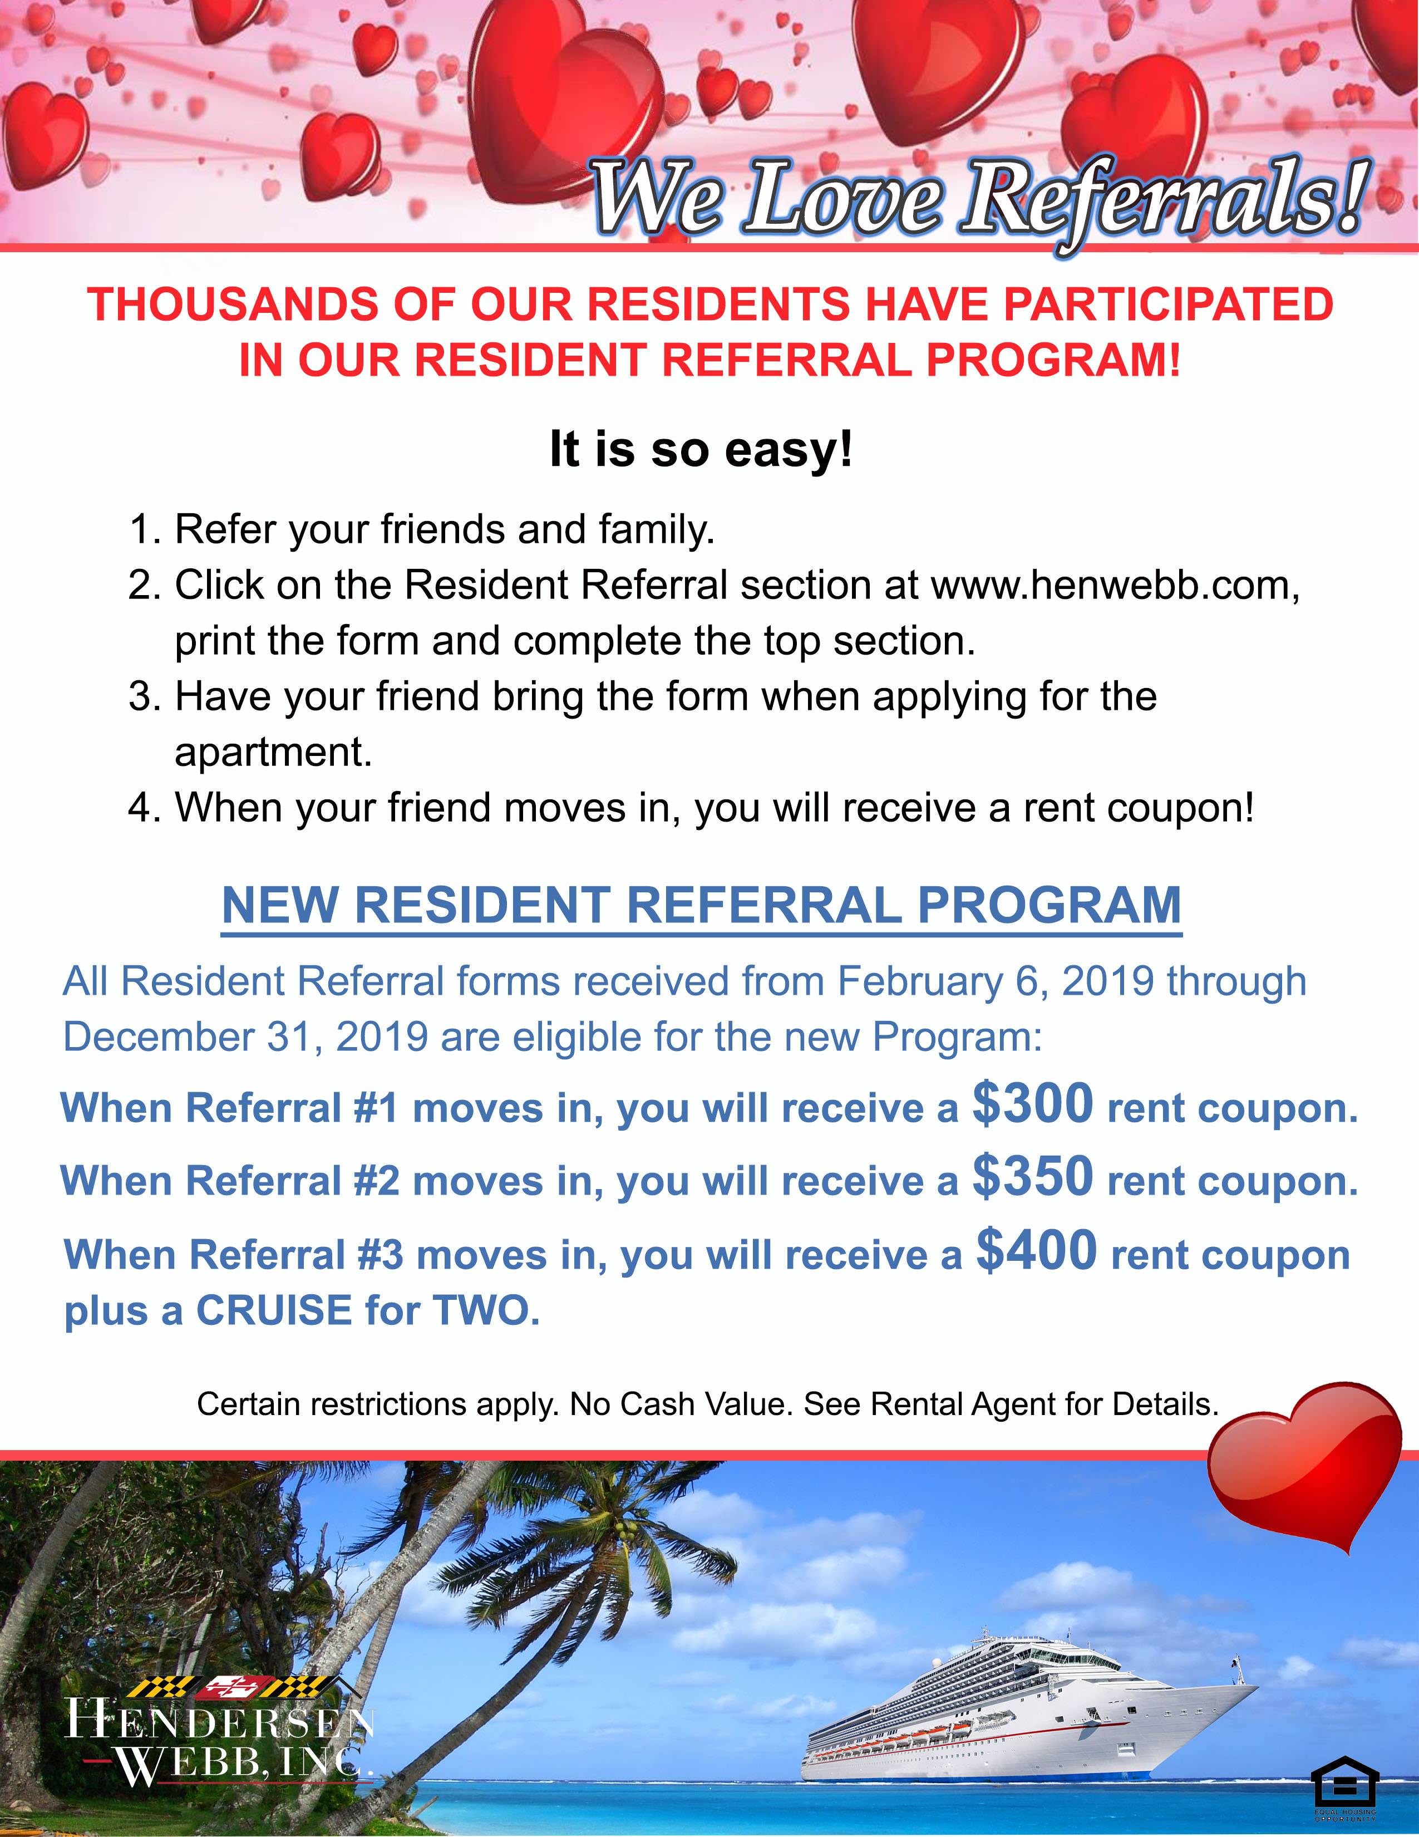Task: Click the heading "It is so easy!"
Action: [701, 449]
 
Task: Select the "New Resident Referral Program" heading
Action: [702, 905]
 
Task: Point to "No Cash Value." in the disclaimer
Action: [681, 1404]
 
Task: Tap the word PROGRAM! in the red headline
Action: [1053, 360]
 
